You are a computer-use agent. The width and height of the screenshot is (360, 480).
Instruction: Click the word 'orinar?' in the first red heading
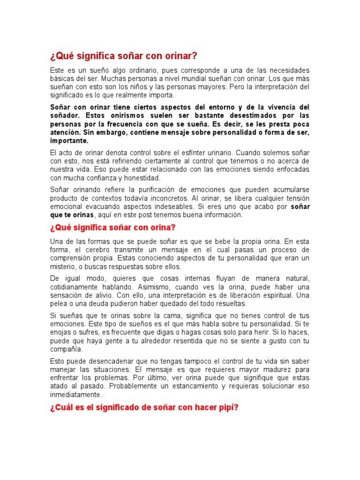[x=180, y=56]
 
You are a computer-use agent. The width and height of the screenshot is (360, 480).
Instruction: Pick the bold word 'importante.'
[x=69, y=141]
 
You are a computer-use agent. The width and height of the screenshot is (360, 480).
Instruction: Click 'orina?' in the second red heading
[x=161, y=228]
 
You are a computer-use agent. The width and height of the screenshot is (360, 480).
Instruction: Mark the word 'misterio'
[x=65, y=267]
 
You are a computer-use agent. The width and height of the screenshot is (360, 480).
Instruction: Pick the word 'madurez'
[x=276, y=369]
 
